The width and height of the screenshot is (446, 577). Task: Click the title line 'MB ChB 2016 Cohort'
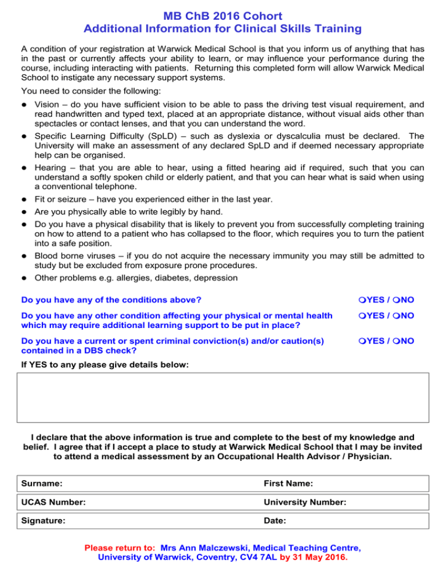223,13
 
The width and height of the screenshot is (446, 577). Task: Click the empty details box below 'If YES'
223,398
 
